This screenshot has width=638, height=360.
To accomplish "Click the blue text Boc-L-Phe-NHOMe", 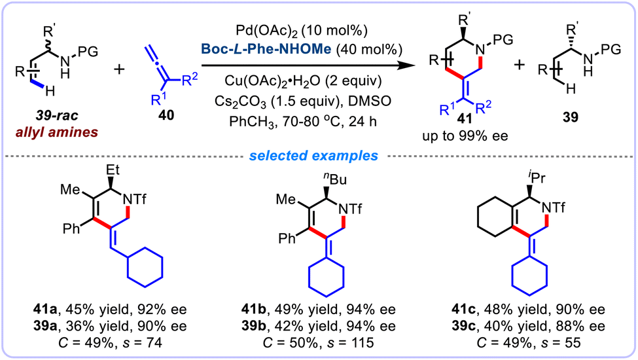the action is click(267, 49).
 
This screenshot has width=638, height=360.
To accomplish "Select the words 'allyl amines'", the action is click(57, 132).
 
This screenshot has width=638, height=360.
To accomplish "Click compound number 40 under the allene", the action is click(166, 115).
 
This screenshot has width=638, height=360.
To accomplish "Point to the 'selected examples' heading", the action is click(313, 155).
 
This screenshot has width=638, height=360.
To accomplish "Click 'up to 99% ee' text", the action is click(465, 135).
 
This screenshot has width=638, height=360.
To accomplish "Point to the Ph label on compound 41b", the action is click(287, 238).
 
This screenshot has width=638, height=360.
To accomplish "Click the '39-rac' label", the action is click(57, 115).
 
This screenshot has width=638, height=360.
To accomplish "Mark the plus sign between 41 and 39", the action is click(520, 65).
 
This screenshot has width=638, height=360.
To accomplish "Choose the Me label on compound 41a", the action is click(71, 189).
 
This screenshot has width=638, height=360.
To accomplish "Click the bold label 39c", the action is click(465, 326).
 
